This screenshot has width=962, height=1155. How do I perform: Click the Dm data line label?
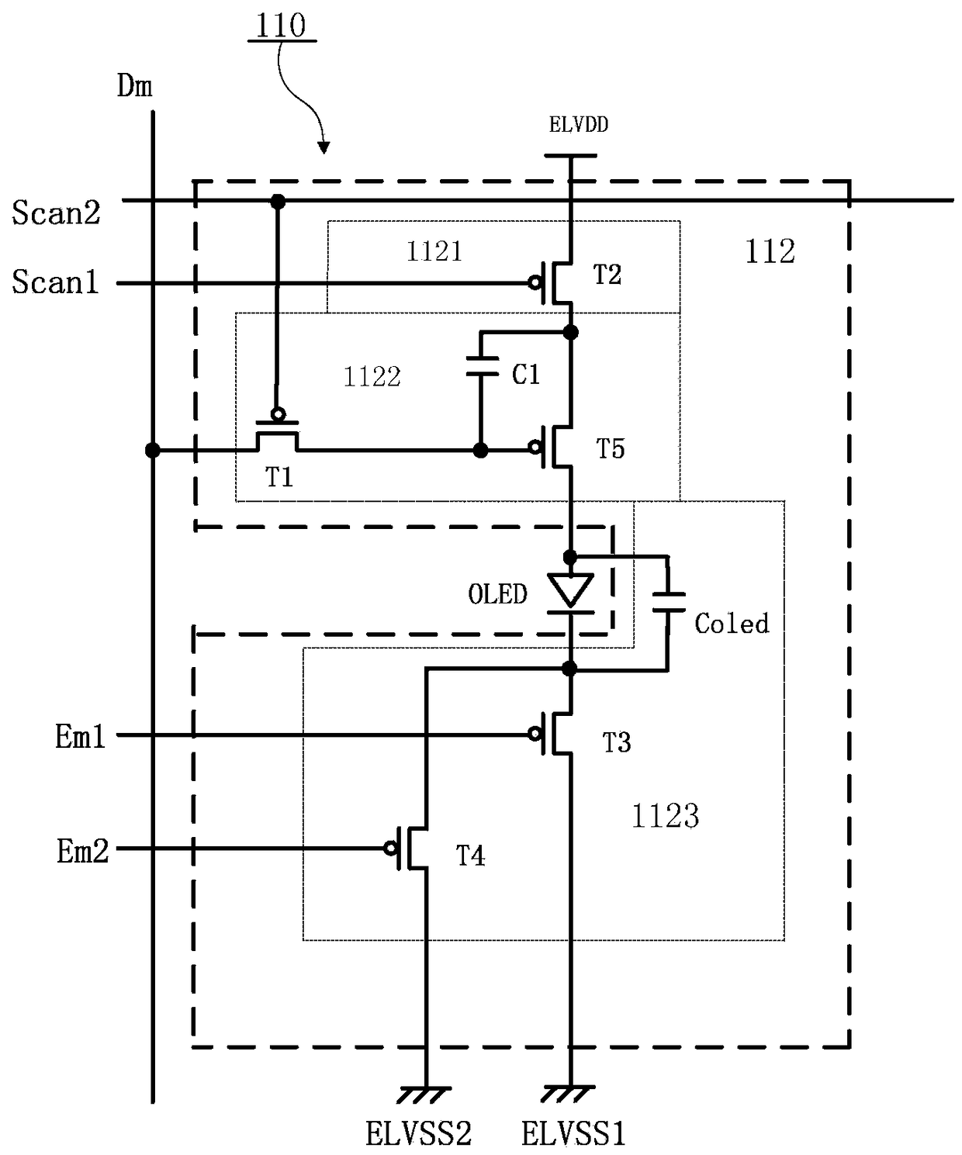(x=134, y=86)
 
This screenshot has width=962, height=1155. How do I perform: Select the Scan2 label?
(x=56, y=213)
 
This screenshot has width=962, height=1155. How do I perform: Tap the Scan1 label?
(x=55, y=282)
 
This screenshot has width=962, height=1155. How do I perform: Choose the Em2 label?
(x=82, y=851)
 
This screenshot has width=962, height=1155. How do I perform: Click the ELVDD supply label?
(x=578, y=125)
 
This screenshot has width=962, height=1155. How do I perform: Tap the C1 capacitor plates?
(x=481, y=367)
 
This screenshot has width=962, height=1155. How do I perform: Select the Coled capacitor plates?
(x=668, y=603)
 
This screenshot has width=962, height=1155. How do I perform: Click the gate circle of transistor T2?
(x=535, y=283)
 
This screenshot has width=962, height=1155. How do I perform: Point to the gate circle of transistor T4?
(x=390, y=848)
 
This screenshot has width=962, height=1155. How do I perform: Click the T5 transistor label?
(x=610, y=448)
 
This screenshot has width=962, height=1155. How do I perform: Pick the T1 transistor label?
(x=279, y=477)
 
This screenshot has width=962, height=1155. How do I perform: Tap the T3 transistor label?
(x=616, y=742)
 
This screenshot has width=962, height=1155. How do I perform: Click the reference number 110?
(x=281, y=25)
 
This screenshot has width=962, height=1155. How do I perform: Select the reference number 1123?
(x=665, y=816)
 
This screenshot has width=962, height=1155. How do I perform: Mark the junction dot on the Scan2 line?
(x=279, y=202)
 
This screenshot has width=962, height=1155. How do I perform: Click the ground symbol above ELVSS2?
(x=425, y=1094)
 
